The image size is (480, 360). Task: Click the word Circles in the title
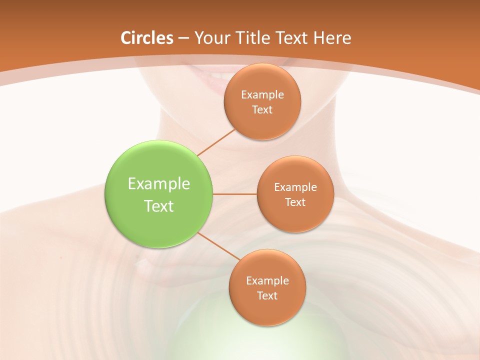(146, 38)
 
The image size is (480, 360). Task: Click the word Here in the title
(332, 38)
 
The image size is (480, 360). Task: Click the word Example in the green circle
(159, 184)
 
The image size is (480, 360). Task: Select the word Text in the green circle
(159, 206)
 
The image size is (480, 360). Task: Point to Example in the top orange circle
(262, 94)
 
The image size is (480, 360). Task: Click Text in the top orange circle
(262, 109)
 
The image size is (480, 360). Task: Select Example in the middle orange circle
(295, 187)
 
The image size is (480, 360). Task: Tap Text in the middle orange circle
(295, 202)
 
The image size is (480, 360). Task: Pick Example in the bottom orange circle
(267, 280)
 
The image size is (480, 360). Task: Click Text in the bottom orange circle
(267, 295)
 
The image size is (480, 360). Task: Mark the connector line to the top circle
(216, 142)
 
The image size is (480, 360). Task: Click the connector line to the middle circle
(234, 194)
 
